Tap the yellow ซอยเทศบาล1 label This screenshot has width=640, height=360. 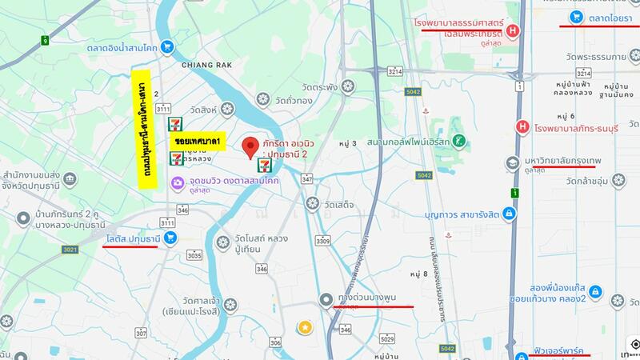197,140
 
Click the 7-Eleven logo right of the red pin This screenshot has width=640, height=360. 264,165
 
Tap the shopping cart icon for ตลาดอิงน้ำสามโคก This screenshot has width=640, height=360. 166,47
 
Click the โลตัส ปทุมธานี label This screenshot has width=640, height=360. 134,238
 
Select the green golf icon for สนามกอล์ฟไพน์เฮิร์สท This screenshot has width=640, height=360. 458,140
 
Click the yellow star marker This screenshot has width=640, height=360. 305,326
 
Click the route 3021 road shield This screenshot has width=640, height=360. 71,250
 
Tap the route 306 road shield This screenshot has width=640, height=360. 275,342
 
